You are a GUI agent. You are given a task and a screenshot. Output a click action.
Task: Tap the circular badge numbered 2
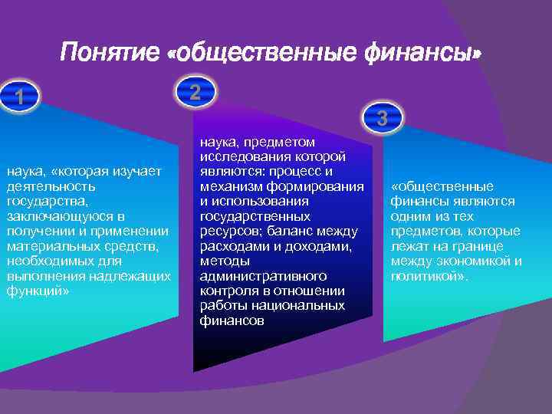195,92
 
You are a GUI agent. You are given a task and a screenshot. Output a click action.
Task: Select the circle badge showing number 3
382,118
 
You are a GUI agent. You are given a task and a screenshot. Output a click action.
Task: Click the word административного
263,276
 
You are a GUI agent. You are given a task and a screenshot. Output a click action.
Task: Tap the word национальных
302,306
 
